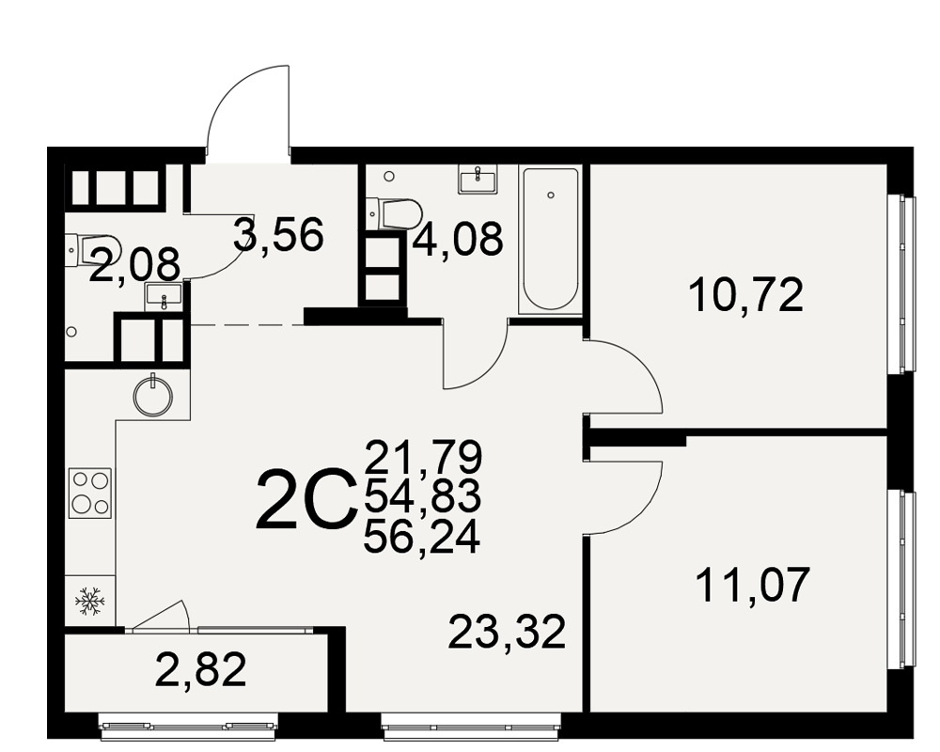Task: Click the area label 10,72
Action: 746,296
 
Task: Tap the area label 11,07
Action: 753,585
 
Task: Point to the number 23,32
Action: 508,632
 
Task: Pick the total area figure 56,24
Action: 422,538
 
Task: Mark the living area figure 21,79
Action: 423,457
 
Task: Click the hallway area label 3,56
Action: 279,234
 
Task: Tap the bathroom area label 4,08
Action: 458,240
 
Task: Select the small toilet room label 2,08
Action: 134,264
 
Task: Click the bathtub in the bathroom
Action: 551,240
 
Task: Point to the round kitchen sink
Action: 153,396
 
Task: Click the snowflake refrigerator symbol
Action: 90,600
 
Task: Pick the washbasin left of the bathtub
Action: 478,180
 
